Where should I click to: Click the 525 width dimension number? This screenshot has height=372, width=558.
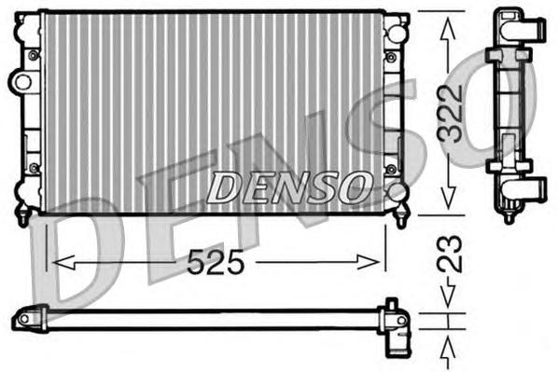216,264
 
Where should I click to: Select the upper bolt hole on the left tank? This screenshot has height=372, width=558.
34,55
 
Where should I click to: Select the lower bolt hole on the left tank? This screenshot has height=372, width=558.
34,168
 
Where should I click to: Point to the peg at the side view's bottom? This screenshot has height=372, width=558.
509,218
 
